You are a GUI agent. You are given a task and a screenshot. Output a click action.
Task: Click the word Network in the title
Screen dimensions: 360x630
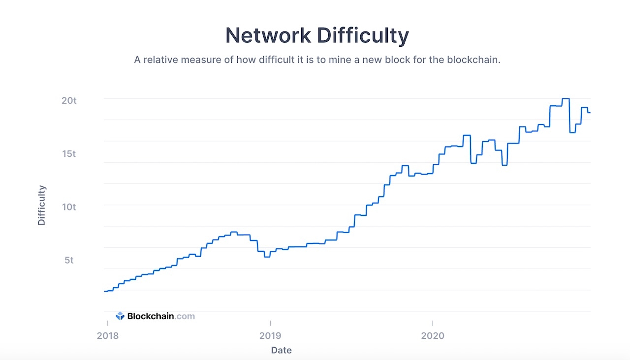coord(268,36)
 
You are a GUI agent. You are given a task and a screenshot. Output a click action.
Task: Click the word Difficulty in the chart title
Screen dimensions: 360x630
coord(363,36)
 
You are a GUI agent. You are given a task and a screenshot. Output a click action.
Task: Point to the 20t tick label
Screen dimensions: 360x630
coord(69,100)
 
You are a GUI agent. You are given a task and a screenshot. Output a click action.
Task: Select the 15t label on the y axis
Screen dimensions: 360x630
coord(69,153)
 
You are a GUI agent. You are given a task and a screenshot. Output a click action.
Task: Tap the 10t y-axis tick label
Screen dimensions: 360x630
coord(69,207)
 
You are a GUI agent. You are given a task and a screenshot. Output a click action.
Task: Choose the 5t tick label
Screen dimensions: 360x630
coord(69,260)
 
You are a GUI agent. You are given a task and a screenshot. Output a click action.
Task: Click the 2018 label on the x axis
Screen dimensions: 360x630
coord(107,335)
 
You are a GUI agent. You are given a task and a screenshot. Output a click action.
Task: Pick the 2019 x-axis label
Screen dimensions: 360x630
coord(270,335)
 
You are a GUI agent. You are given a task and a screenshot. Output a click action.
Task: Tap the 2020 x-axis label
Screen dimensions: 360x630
coord(432,335)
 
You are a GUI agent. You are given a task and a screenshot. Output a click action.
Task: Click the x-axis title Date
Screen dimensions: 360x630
coord(281,350)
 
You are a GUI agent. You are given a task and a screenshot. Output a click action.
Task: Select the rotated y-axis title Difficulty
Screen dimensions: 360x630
coord(42,205)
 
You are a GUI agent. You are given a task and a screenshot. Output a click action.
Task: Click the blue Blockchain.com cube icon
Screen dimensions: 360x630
coord(120,316)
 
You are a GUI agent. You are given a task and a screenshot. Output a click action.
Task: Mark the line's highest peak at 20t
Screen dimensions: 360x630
coord(566,99)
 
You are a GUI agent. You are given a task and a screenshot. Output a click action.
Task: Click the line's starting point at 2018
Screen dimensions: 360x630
coord(105,291)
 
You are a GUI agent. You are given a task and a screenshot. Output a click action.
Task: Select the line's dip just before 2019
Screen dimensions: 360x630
coord(267,257)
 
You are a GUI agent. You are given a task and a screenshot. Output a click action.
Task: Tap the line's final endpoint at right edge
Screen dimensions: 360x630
coord(590,113)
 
